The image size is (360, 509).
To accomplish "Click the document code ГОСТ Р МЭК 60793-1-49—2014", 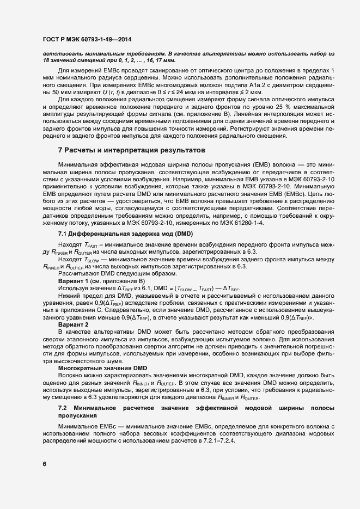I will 87,40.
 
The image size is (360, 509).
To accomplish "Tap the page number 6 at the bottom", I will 44,464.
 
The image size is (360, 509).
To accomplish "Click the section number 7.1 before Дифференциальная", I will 63,233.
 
